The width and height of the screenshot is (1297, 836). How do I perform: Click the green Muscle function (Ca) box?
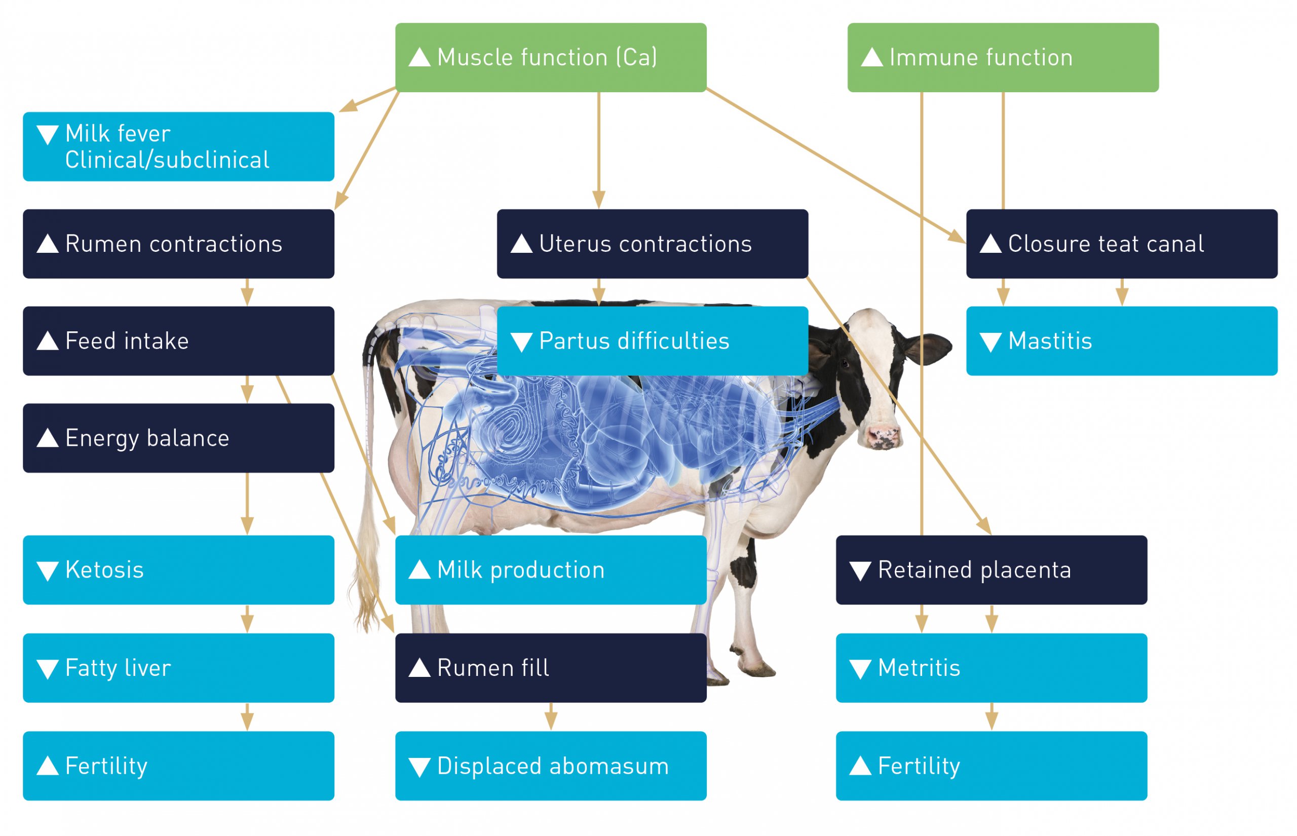550,58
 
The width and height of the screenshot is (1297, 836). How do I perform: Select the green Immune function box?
1003,58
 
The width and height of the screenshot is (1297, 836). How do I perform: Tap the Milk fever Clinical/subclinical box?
178,146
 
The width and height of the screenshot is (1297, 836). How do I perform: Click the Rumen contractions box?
178,244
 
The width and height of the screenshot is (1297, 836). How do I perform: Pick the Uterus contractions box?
652,244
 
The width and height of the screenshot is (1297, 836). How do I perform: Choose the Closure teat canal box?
1122,244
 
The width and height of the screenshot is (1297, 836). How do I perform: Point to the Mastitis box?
1122,341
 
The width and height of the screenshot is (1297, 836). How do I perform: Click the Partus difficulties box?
652,341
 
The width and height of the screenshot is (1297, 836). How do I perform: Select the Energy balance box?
178,438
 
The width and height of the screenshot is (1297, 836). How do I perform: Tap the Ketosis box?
178,570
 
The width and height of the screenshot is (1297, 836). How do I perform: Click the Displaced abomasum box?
550,766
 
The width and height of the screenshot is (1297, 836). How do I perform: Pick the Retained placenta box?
991,570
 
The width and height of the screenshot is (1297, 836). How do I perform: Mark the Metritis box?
991,668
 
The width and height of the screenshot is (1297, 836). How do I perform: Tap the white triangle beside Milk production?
419,569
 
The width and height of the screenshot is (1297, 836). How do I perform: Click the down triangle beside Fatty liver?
48,669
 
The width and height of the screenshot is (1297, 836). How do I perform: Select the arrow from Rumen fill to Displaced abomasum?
551,716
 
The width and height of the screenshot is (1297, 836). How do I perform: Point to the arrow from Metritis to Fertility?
991,716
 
